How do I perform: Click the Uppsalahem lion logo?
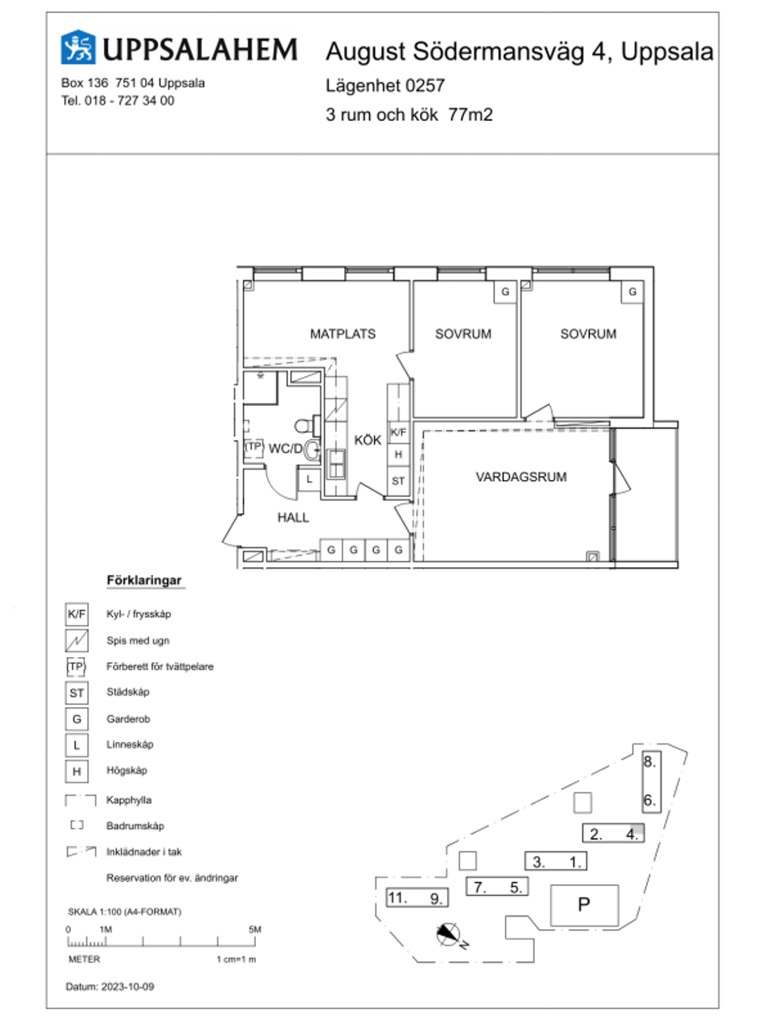click(78, 47)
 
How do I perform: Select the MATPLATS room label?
click(342, 334)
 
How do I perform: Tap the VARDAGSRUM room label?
click(521, 477)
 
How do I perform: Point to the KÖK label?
click(368, 440)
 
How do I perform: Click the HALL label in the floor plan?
click(293, 517)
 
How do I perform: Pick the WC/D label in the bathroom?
click(285, 448)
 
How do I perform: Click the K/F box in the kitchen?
click(399, 432)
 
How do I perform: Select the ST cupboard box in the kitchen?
click(399, 481)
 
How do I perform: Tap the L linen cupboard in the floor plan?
click(309, 479)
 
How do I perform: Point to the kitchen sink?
click(336, 464)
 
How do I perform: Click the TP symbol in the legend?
click(76, 666)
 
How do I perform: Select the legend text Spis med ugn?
click(138, 640)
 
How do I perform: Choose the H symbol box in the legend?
click(77, 771)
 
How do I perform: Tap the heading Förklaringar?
click(144, 580)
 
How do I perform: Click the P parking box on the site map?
click(584, 904)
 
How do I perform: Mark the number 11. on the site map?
click(397, 898)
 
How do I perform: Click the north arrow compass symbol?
click(448, 934)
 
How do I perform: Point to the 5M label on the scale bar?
click(254, 929)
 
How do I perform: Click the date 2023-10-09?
click(128, 987)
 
